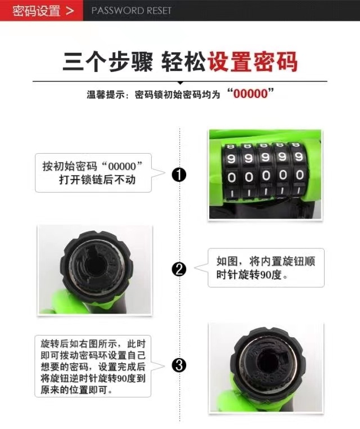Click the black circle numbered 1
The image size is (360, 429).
pyautogui.click(x=179, y=175)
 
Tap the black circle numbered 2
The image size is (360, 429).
pyautogui.click(x=179, y=269)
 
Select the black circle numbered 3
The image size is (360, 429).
pyautogui.click(x=179, y=365)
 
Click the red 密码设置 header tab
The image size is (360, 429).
pyautogui.click(x=42, y=10)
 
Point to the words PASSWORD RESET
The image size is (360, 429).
pyautogui.click(x=131, y=11)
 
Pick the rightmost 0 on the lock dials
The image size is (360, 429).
pyautogui.click(x=300, y=175)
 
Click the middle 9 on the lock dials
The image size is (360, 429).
pyautogui.click(x=265, y=157)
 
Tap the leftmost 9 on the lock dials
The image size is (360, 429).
pyautogui.click(x=231, y=158)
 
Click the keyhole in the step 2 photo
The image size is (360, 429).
pyautogui.click(x=95, y=265)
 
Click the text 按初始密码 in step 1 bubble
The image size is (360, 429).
pyautogui.click(x=70, y=166)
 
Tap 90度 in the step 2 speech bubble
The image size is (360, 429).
pyautogui.click(x=271, y=274)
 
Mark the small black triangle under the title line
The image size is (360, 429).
pyautogui.click(x=180, y=83)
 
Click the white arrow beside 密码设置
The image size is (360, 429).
pyautogui.click(x=70, y=11)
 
